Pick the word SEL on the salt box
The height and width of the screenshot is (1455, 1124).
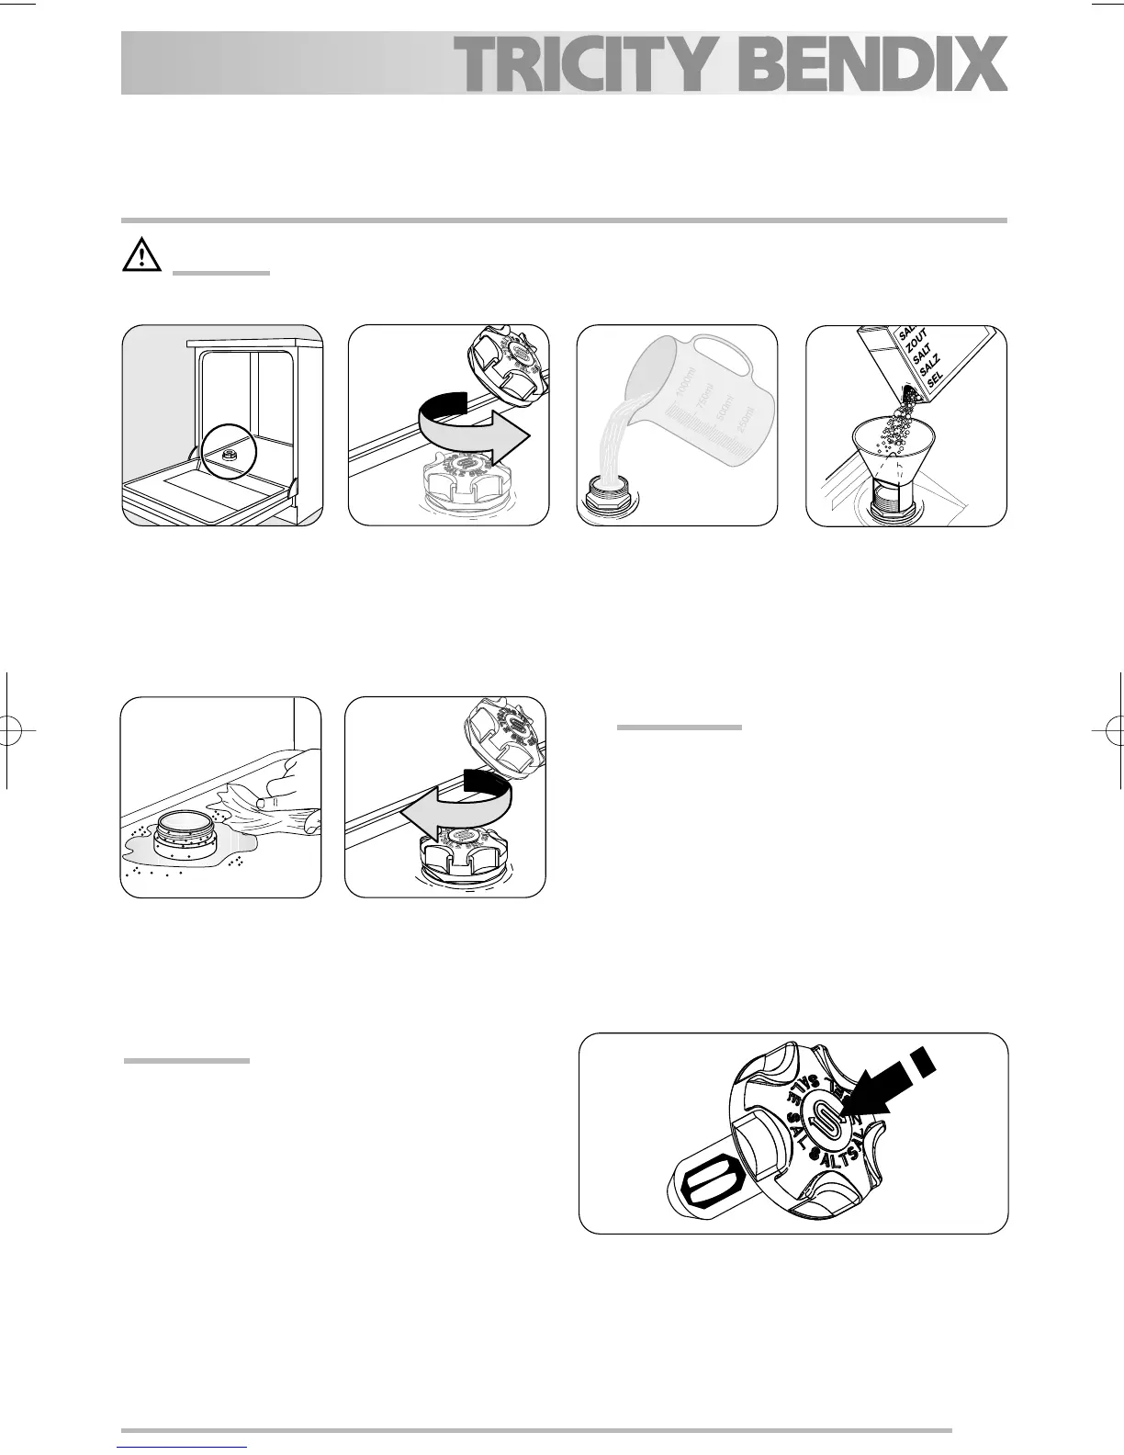click(x=934, y=377)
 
